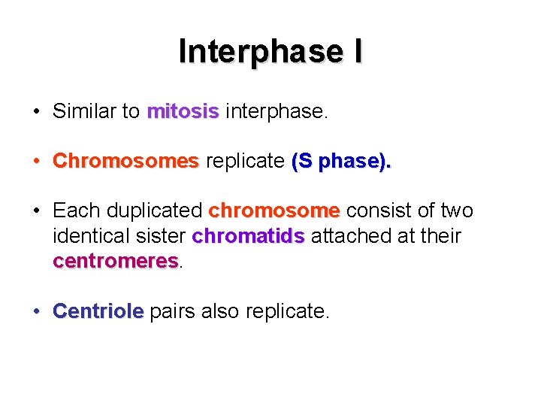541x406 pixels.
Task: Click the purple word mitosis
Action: tap(183, 111)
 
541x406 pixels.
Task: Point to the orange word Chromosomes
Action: tap(125, 161)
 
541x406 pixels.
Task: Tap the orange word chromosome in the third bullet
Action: tap(274, 211)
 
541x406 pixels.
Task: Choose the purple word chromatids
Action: tap(248, 236)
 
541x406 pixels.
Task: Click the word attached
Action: tap(352, 236)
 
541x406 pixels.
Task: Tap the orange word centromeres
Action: tap(115, 261)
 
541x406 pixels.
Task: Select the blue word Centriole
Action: tap(98, 311)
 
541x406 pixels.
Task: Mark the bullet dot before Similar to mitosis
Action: tap(36, 112)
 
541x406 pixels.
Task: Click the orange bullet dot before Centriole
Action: tap(36, 311)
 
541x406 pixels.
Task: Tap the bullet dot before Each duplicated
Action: tap(36, 211)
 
